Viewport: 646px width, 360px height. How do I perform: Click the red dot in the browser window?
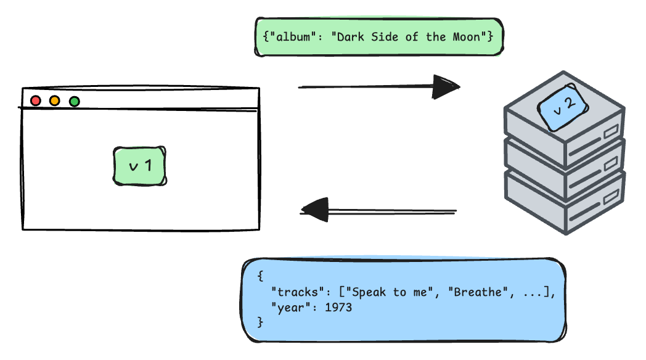pyautogui.click(x=36, y=100)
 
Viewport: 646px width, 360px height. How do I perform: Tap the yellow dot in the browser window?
pyautogui.click(x=55, y=100)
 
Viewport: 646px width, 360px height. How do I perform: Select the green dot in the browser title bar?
pyautogui.click(x=75, y=101)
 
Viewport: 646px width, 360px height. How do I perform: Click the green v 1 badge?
pyautogui.click(x=140, y=166)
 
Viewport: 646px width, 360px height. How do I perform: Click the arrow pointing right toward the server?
pyautogui.click(x=378, y=87)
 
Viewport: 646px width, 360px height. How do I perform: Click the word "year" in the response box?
pyautogui.click(x=290, y=307)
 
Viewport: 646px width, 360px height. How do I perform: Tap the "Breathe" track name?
pyautogui.click(x=478, y=292)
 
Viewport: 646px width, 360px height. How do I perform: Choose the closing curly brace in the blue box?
pyautogui.click(x=260, y=321)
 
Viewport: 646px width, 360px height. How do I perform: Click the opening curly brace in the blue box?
pyautogui.click(x=260, y=276)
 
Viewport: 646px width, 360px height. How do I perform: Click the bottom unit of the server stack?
pyautogui.click(x=563, y=207)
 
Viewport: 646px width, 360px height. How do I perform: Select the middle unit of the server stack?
pyautogui.click(x=563, y=166)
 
